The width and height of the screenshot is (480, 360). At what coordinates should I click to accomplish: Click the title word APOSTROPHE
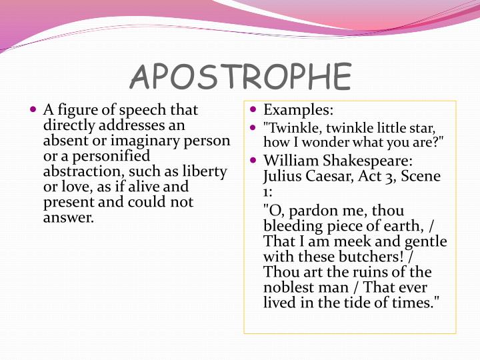240,77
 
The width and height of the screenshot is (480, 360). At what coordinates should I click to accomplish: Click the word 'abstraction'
80,171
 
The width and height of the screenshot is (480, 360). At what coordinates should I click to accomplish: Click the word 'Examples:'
298,109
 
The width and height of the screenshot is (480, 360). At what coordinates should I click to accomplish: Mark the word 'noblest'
292,287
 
